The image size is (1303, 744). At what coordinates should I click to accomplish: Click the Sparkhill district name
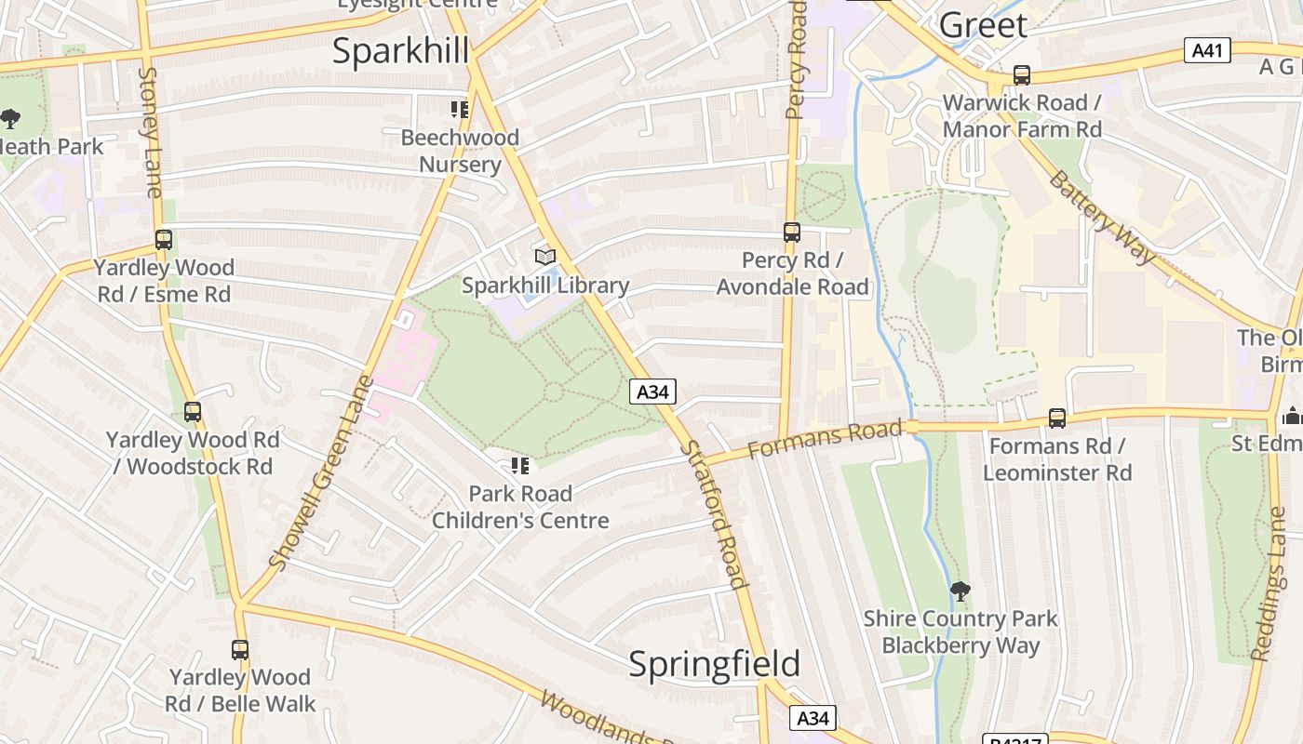400,51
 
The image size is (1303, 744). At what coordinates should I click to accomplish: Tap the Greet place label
983,25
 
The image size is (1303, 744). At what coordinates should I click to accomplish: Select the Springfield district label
714,664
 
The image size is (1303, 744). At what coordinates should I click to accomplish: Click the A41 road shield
1207,50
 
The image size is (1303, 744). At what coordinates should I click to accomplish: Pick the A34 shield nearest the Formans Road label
652,392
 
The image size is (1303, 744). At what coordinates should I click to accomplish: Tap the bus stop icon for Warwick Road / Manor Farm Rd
1022,75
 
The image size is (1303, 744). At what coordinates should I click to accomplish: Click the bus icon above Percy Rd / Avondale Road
792,232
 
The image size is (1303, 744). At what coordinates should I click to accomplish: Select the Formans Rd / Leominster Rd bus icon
1057,418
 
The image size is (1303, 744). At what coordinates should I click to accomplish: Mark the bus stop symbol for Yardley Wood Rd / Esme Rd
164,240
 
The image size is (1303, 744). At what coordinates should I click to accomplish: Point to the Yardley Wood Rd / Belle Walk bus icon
240,650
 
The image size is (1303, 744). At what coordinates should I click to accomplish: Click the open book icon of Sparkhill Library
545,257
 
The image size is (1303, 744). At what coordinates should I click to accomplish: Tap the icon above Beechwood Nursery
459,110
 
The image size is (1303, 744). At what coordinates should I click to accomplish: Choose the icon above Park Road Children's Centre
519,465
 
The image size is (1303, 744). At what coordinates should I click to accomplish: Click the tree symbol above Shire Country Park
960,591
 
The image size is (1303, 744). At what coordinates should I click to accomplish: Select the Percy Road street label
796,60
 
